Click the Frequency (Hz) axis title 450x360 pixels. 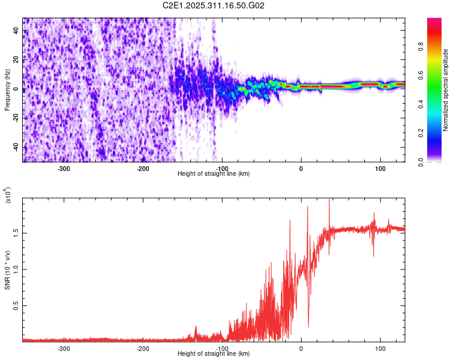[8, 89]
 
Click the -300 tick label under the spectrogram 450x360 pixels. [64, 168]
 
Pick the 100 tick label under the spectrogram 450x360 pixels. [380, 168]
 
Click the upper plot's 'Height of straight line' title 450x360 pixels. [214, 173]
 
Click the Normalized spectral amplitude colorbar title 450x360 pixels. [446, 90]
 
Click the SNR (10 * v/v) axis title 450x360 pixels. [8, 270]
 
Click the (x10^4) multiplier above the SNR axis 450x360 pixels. [8, 195]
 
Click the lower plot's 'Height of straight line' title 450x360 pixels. [214, 353]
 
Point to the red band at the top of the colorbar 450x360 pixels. [435, 27]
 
